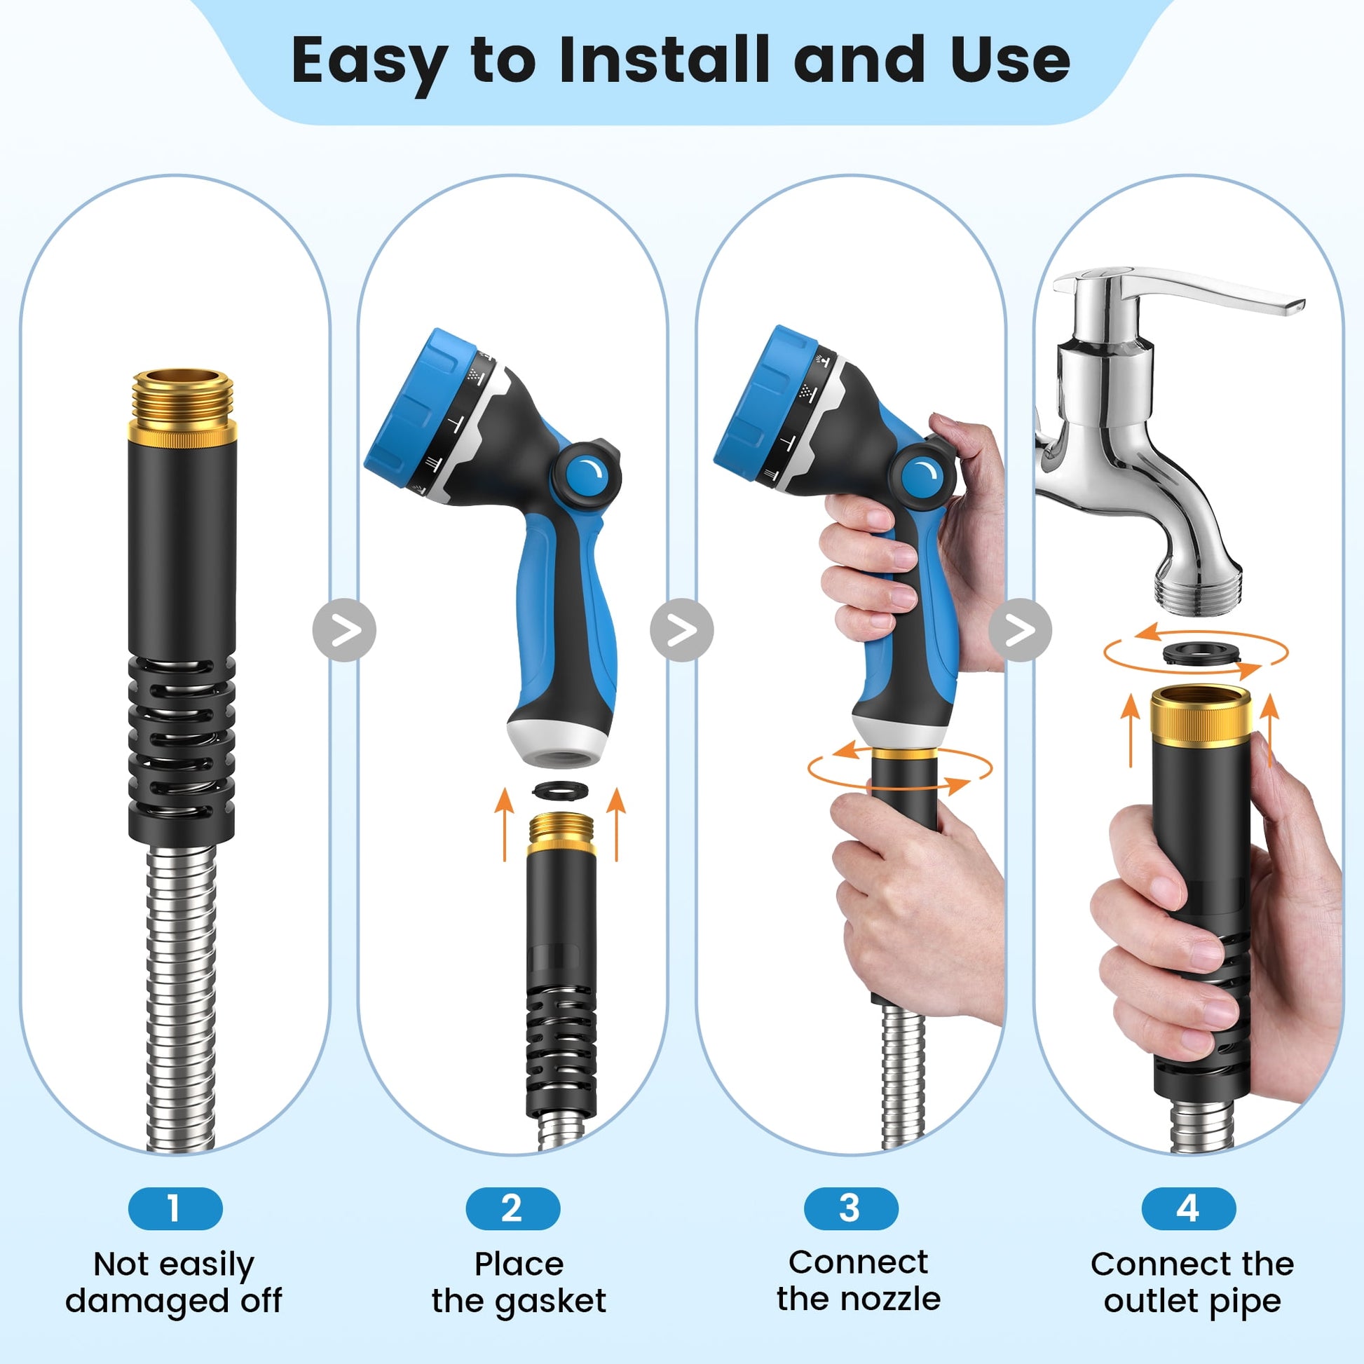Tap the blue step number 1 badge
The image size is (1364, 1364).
(x=175, y=1208)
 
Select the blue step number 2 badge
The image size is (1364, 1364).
(x=513, y=1208)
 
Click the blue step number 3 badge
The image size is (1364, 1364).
(x=851, y=1208)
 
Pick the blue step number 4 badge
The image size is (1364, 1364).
(x=1189, y=1208)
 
